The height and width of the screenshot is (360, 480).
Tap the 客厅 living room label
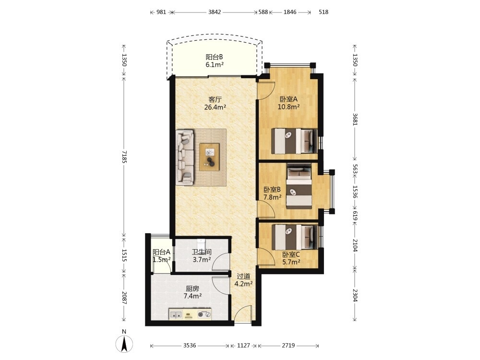pos(215,99)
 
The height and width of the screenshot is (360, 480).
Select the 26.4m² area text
pos(215,107)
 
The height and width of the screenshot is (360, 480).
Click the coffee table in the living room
pos(209,157)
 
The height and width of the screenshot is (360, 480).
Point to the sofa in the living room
pos(185,157)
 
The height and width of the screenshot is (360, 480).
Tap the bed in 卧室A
pos(294,141)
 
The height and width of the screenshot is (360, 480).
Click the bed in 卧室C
pos(294,238)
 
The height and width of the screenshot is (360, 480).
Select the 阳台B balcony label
pos(214,57)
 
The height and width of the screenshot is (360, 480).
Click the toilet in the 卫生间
pos(201,244)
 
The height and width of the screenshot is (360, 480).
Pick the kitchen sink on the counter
pos(176,314)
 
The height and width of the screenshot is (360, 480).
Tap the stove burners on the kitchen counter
pos(204,314)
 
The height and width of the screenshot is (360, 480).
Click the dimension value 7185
pos(124,156)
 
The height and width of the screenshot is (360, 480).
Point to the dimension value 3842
pos(214,12)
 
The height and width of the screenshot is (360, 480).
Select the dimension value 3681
pos(355,119)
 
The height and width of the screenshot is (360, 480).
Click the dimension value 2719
pos(288,346)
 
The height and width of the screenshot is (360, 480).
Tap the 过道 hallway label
pos(243,276)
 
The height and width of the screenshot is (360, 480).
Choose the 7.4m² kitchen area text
pos(192,296)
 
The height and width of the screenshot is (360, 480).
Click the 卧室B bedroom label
pos(272,190)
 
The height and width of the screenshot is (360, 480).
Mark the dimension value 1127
pos(244,346)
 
